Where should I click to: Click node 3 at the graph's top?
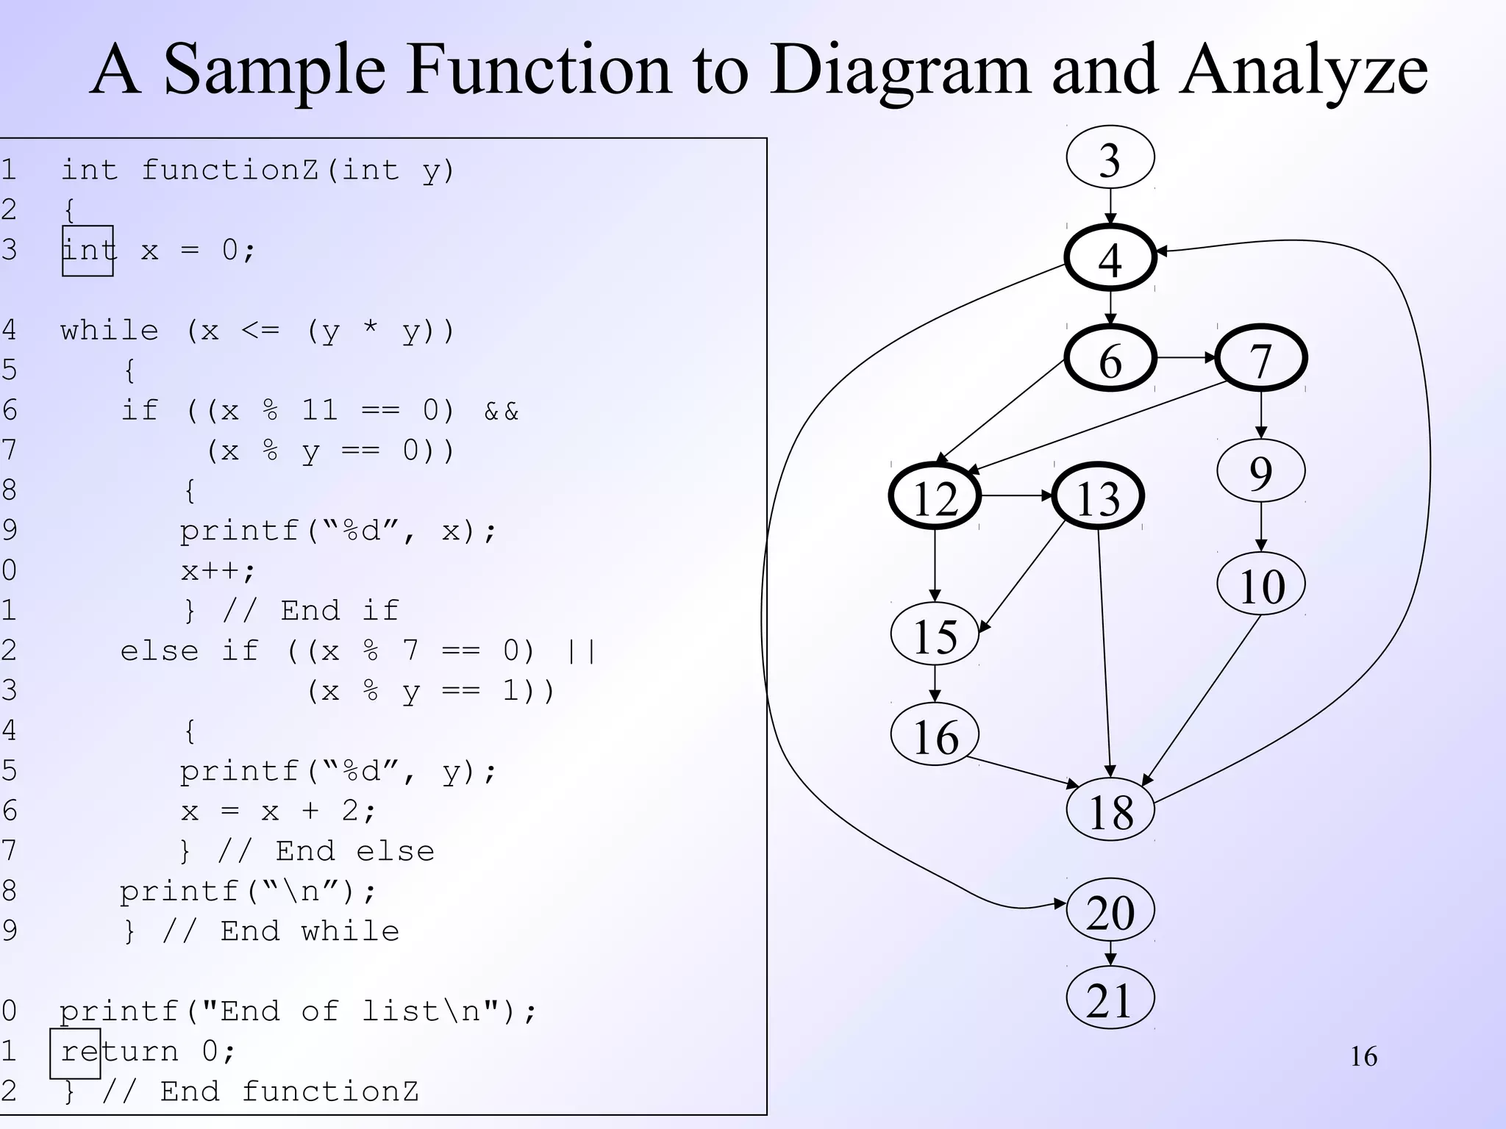(1110, 158)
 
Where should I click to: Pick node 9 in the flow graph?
(1261, 471)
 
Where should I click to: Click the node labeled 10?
(1261, 584)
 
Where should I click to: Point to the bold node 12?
(935, 497)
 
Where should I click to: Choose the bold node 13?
(1098, 497)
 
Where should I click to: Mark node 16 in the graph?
(935, 735)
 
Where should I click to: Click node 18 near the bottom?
(1110, 810)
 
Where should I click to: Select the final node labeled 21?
(1110, 999)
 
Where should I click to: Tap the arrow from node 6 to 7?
(1185, 358)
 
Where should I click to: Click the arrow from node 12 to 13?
(1016, 496)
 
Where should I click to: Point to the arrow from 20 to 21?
(1110, 954)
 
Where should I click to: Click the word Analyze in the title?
(1303, 70)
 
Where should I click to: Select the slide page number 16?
(1363, 1057)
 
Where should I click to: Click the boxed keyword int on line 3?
(88, 251)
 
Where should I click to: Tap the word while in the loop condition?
(109, 331)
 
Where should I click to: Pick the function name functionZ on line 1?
(229, 170)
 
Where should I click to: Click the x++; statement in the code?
(218, 571)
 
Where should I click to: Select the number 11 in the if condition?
(319, 410)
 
